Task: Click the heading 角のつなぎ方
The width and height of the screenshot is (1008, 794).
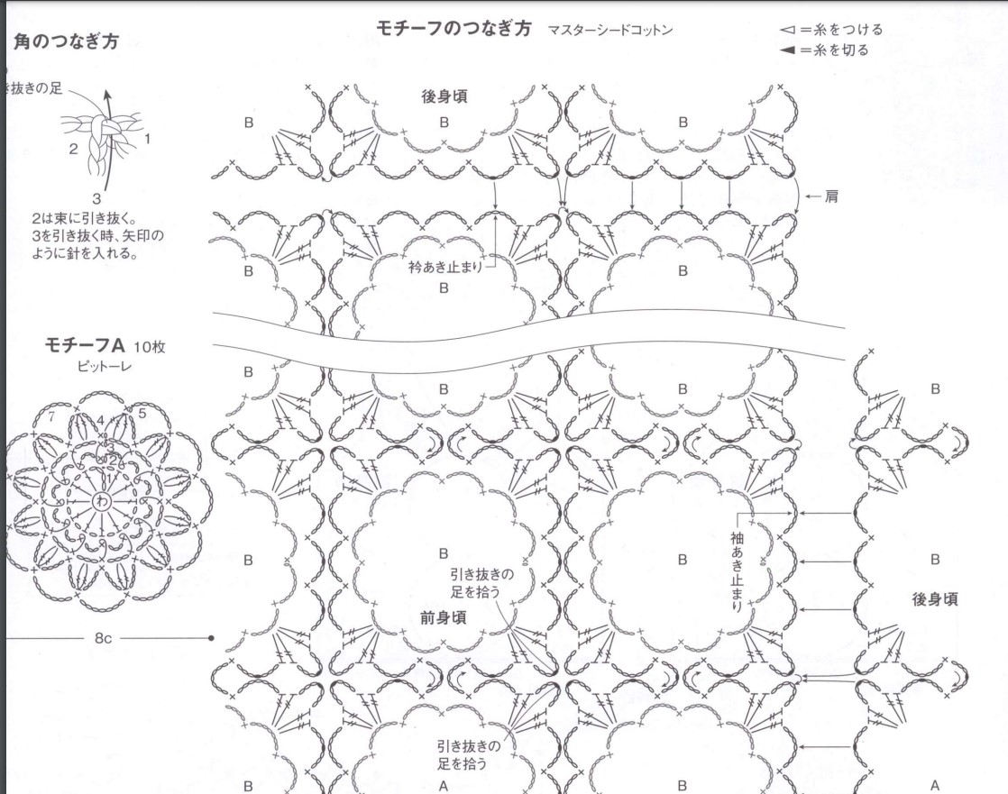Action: [x=68, y=41]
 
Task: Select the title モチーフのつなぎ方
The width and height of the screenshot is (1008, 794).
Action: [x=454, y=28]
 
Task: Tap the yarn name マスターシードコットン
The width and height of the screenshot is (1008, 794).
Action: [x=609, y=30]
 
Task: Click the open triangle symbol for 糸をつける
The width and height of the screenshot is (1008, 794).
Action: [x=788, y=30]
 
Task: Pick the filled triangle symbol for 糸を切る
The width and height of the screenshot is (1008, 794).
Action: [x=788, y=50]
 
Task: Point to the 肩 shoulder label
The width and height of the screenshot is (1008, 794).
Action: [x=831, y=196]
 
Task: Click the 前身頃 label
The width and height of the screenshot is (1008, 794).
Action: [x=443, y=617]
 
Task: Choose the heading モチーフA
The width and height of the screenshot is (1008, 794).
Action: [x=84, y=345]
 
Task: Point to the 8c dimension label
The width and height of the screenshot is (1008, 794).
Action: [x=102, y=638]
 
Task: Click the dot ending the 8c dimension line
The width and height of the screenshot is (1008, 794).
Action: [x=210, y=638]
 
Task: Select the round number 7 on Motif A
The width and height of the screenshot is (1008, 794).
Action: [x=52, y=416]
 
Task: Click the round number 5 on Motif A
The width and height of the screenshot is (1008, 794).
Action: [x=142, y=414]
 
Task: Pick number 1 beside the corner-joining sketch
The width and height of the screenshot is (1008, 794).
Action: [x=147, y=139]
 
